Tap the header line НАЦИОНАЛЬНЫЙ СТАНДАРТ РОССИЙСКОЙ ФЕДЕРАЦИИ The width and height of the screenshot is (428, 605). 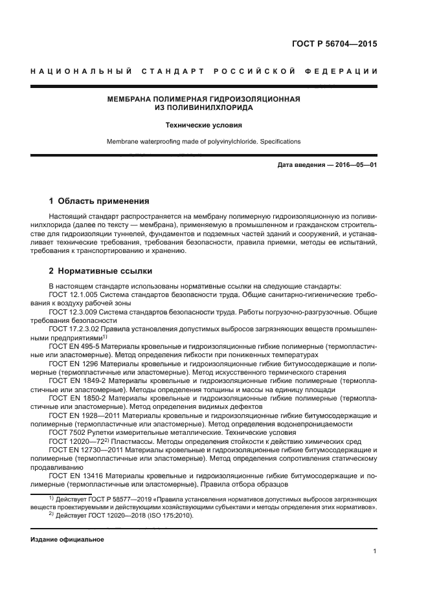[205, 71]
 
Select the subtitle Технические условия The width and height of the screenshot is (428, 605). [203, 126]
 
